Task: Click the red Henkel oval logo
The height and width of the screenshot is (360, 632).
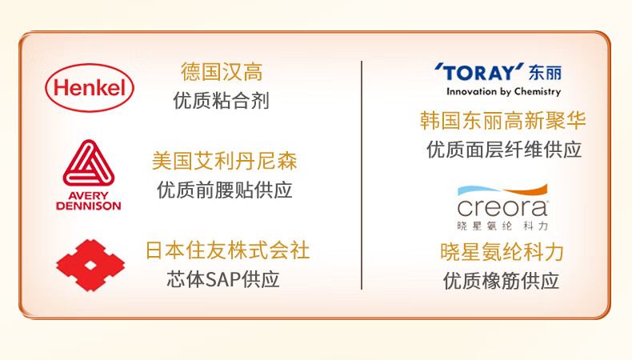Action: pyautogui.click(x=90, y=88)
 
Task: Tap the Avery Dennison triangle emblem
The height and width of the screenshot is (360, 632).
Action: pyautogui.click(x=89, y=163)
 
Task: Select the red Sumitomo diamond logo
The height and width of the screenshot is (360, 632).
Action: pyautogui.click(x=90, y=266)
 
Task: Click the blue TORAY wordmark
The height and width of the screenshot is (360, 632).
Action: pyautogui.click(x=479, y=73)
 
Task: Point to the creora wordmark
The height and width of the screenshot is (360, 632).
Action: pyautogui.click(x=502, y=208)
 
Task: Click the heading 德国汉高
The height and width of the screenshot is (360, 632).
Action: pyautogui.click(x=222, y=72)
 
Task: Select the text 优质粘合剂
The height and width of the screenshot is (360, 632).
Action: pyautogui.click(x=222, y=100)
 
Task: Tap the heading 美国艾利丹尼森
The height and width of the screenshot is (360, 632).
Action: pyautogui.click(x=225, y=161)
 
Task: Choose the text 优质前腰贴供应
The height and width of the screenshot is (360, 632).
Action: pyautogui.click(x=225, y=190)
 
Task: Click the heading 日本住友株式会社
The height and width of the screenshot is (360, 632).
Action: pyautogui.click(x=227, y=250)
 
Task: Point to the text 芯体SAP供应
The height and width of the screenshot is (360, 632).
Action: pyautogui.click(x=223, y=279)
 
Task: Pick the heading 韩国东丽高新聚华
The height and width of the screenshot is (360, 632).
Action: pyautogui.click(x=502, y=120)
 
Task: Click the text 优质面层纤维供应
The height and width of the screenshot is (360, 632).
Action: pyautogui.click(x=504, y=150)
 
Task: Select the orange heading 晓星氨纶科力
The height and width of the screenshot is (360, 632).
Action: pyautogui.click(x=502, y=252)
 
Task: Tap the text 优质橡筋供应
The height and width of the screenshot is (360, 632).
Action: pyautogui.click(x=501, y=281)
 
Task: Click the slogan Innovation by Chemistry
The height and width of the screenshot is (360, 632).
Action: pyautogui.click(x=503, y=91)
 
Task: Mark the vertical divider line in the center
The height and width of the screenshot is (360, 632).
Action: pyautogui.click(x=362, y=175)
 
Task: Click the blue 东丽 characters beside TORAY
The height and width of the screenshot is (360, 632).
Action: pyautogui.click(x=545, y=73)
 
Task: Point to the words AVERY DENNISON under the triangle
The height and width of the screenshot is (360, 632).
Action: pyautogui.click(x=89, y=201)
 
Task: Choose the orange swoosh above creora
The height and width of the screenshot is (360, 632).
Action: pyautogui.click(x=526, y=190)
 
